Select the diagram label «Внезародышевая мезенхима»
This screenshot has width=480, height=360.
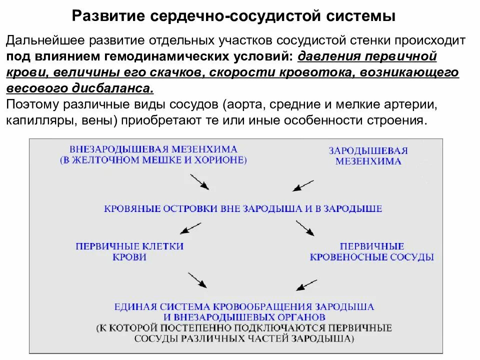pyautogui.click(x=153, y=149)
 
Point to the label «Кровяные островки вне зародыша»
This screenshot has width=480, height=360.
pyautogui.click(x=243, y=208)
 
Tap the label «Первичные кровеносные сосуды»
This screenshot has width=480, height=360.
pyautogui.click(x=371, y=252)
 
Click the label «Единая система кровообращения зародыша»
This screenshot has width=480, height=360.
pyautogui.click(x=244, y=306)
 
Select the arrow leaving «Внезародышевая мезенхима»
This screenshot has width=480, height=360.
pyautogui.click(x=199, y=181)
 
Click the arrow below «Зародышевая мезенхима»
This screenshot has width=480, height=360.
pyautogui.click(x=302, y=185)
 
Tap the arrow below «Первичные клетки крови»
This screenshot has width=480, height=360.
pyautogui.click(x=197, y=279)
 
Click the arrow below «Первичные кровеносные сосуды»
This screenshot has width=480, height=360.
pyautogui.click(x=306, y=283)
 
